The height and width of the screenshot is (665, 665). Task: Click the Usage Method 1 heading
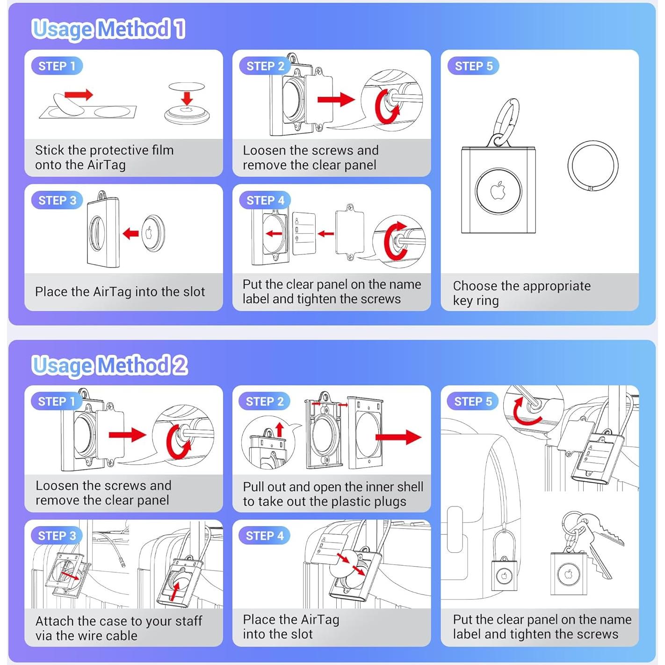tap(108, 29)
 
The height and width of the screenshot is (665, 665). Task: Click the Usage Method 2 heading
tap(110, 365)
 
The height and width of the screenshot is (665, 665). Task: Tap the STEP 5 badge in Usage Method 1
tap(473, 66)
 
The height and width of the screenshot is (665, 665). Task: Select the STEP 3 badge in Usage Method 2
tap(57, 535)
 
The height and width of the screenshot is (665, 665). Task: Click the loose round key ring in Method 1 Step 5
tap(568, 166)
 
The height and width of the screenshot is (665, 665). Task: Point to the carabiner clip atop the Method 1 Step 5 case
tap(505, 123)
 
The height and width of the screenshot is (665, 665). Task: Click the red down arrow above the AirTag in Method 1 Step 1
tap(187, 98)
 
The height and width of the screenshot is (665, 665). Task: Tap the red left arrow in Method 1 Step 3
tap(131, 234)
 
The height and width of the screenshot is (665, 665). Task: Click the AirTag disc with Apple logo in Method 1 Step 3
tap(153, 234)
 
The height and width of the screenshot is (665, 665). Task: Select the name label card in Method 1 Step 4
tap(304, 233)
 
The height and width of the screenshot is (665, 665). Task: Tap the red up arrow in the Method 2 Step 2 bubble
tap(280, 430)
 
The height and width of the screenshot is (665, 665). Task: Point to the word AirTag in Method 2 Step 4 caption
tap(320, 620)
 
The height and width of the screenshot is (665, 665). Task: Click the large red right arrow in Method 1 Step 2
tap(336, 100)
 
